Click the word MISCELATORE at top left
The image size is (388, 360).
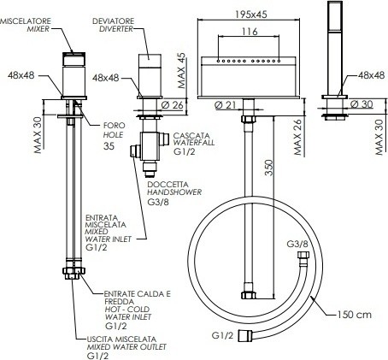click(x=26, y=21)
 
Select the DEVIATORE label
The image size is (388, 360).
click(x=113, y=21)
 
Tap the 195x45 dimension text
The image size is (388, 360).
click(x=251, y=14)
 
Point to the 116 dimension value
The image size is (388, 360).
click(x=250, y=32)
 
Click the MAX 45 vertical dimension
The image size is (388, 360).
click(x=181, y=70)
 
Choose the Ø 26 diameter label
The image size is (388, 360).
click(x=173, y=105)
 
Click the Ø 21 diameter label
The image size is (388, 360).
click(x=226, y=105)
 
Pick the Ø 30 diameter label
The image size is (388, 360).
click(x=362, y=104)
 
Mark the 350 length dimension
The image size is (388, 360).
click(x=268, y=168)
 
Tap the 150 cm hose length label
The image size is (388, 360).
click(x=355, y=315)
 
